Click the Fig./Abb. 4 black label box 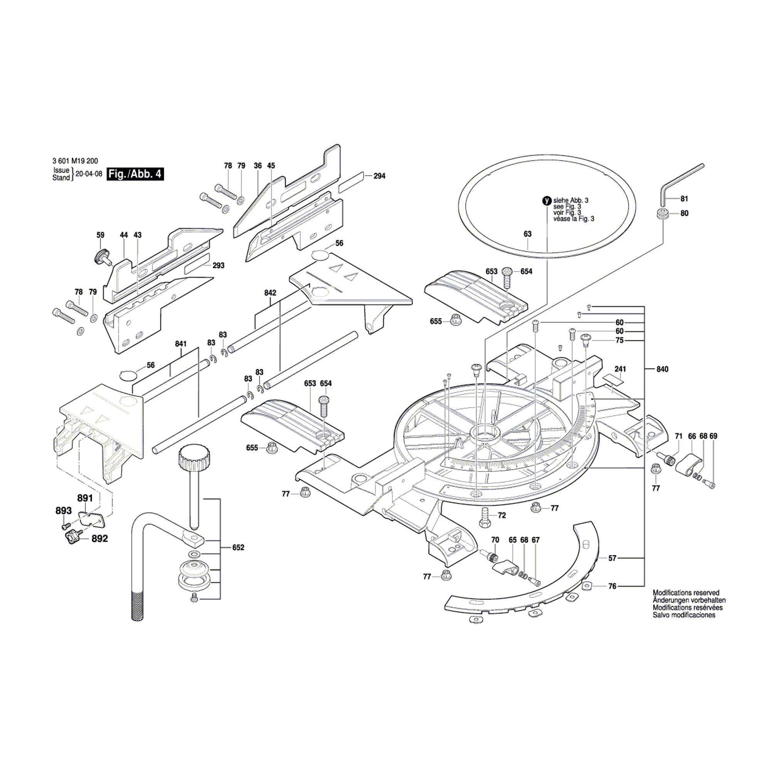tap(135, 174)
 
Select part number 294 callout tap(379, 176)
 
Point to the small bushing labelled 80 tap(662, 213)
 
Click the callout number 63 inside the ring tap(528, 234)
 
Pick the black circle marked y tap(547, 201)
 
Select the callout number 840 tap(662, 369)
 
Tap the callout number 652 tap(238, 547)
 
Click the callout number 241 tap(620, 369)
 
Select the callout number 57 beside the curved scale tap(612, 558)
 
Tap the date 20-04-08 tap(89, 174)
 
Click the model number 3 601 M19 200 tap(75, 161)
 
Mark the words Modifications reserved tap(686, 593)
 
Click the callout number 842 tap(270, 293)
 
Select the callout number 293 tap(218, 265)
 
